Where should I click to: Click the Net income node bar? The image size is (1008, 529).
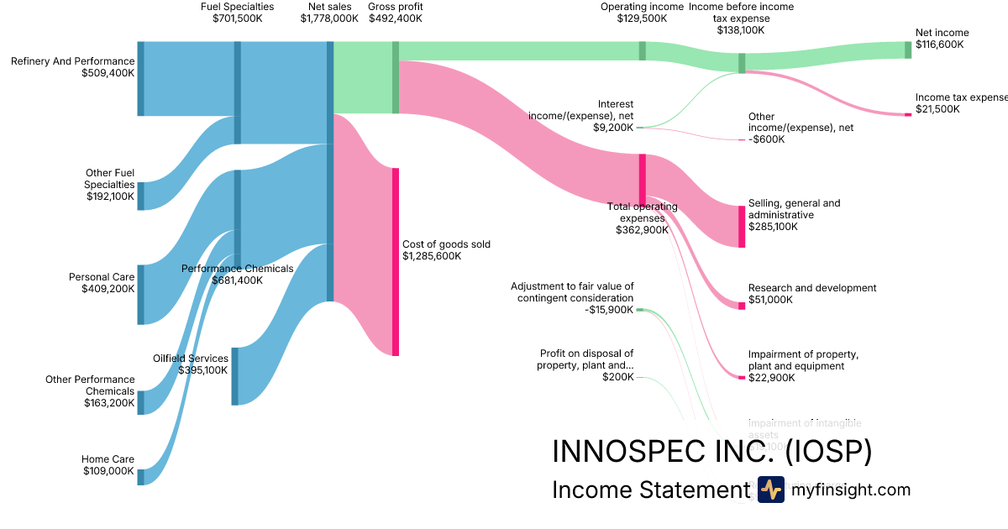tap(907, 50)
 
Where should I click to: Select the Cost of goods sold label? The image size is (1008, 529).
tap(446, 244)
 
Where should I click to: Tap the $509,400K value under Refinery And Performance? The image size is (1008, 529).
tap(108, 73)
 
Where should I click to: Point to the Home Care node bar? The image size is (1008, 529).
tap(140, 477)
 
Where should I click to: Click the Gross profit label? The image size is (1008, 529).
tap(395, 7)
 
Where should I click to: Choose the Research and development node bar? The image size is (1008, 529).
tap(742, 306)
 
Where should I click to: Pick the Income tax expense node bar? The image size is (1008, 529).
tap(907, 114)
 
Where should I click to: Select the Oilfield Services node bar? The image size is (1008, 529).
tap(234, 376)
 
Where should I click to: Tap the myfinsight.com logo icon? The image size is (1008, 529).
tap(770, 490)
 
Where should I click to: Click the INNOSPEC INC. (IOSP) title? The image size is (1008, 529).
tap(711, 452)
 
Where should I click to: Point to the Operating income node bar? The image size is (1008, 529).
tap(643, 50)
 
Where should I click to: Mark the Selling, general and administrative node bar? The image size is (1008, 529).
tap(742, 227)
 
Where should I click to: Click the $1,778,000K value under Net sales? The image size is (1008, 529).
tap(329, 18)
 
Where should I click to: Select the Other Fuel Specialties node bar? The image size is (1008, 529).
tap(140, 196)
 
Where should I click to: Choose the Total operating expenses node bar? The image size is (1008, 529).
tap(643, 179)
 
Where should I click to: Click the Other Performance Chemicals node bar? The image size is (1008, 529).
tap(140, 402)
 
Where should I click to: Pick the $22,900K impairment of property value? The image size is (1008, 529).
tap(770, 378)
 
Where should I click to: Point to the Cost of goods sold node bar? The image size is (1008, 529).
tap(395, 261)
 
